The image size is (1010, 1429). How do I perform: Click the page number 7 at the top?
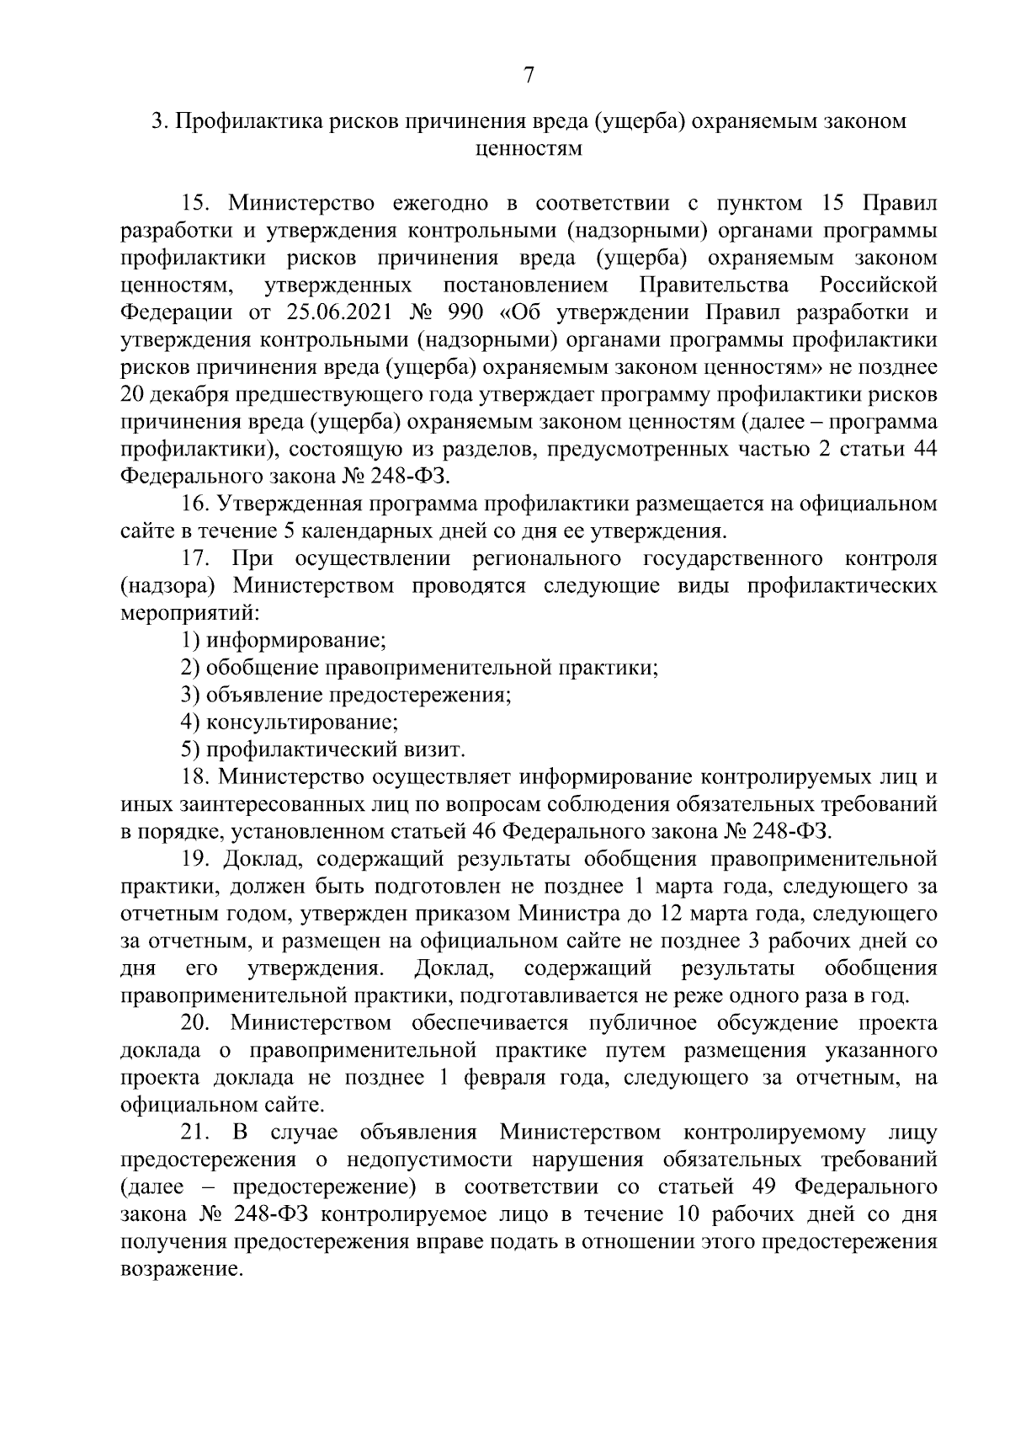click(x=528, y=75)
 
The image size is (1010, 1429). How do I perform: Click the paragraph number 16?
click(x=195, y=504)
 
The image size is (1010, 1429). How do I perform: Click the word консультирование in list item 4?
click(x=301, y=722)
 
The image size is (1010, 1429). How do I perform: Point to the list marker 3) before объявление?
click(x=190, y=695)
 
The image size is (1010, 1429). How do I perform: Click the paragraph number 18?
click(x=195, y=776)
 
